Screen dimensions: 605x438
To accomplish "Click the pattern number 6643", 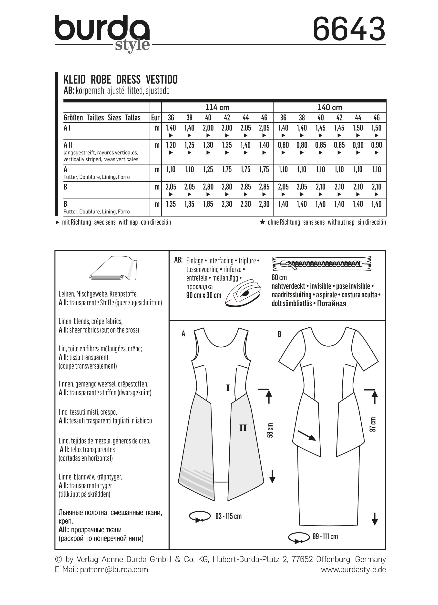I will pyautogui.click(x=349, y=29).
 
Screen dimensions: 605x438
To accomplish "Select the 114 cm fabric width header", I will pyautogui.click(x=217, y=107).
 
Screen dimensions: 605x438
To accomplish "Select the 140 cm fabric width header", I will pyautogui.click(x=330, y=107).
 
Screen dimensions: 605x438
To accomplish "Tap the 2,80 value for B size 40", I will pyautogui.click(x=208, y=187).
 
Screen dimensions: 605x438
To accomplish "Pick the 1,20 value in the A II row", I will pyautogui.click(x=171, y=145).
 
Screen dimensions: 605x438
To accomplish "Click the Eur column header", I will pyautogui.click(x=155, y=118).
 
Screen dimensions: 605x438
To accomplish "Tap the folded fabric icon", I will pyautogui.click(x=113, y=269).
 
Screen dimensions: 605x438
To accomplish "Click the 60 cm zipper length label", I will pyautogui.click(x=279, y=277).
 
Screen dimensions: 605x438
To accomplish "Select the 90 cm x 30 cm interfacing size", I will pyautogui.click(x=204, y=295).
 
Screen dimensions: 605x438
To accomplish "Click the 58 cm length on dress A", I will pyautogui.click(x=270, y=430).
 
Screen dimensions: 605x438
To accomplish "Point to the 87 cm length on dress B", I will pyautogui.click(x=373, y=424).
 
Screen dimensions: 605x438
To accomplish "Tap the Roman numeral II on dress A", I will pyautogui.click(x=243, y=428).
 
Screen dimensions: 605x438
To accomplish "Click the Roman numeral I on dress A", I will pyautogui.click(x=227, y=388).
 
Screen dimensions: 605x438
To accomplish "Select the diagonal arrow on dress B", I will pyautogui.click(x=307, y=435).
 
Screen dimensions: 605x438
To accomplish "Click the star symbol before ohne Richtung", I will pyautogui.click(x=263, y=222).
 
